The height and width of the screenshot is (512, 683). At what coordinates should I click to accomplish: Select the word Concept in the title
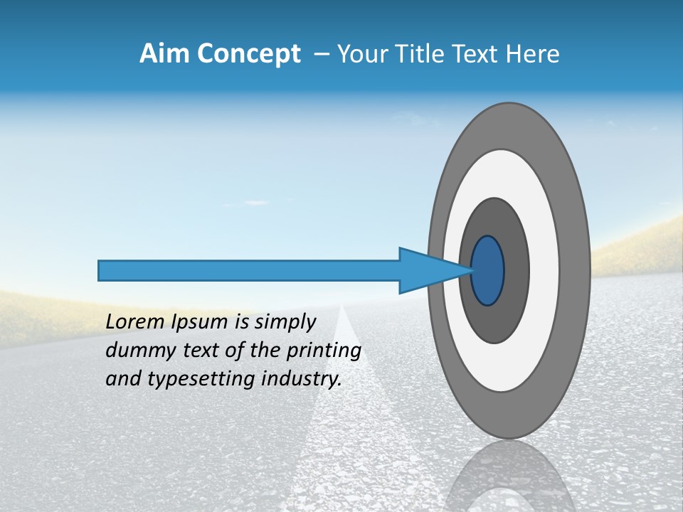(x=248, y=54)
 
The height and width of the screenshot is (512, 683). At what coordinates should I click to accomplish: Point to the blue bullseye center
(x=488, y=271)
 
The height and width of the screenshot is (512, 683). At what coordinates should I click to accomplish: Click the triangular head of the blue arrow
(x=427, y=271)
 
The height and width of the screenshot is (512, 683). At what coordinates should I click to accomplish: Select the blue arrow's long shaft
(x=249, y=271)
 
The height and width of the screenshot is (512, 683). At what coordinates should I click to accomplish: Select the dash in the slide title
(x=321, y=55)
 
